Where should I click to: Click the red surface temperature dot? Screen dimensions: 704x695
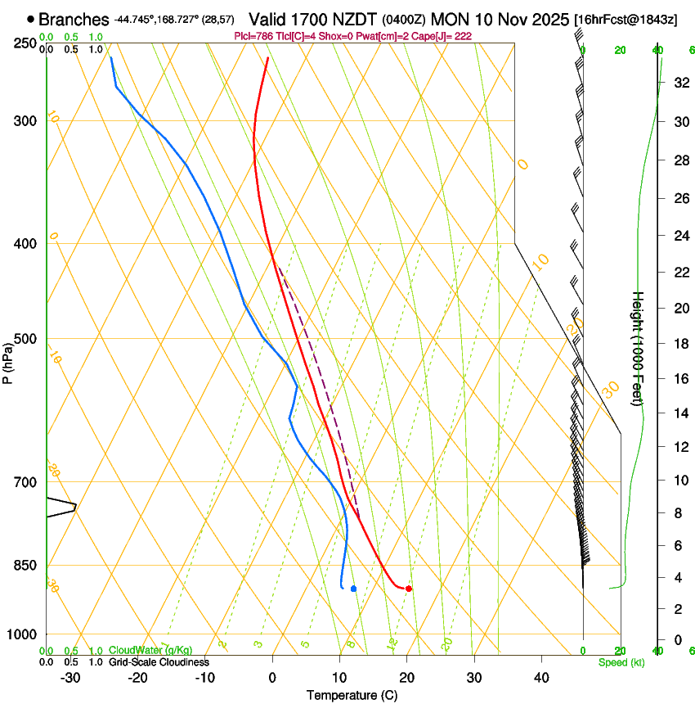tap(409, 589)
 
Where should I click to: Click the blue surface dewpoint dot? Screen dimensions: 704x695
tap(353, 589)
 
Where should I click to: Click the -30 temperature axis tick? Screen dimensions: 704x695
tap(70, 677)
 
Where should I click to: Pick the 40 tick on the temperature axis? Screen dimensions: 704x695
tap(540, 677)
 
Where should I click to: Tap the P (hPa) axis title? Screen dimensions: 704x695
tap(8, 360)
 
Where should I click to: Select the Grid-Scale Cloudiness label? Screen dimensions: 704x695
tap(159, 662)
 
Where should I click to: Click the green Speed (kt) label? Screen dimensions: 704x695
tap(621, 662)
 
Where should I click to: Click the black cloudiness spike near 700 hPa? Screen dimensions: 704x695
tap(74, 508)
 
